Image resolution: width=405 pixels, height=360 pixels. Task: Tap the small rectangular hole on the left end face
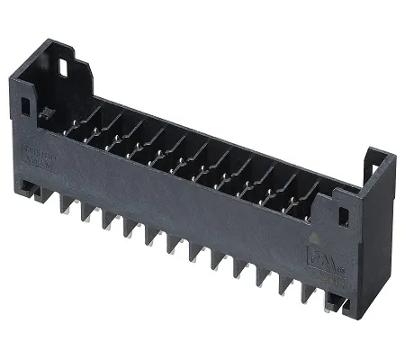point(24,106)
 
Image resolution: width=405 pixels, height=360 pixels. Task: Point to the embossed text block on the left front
point(39,153)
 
